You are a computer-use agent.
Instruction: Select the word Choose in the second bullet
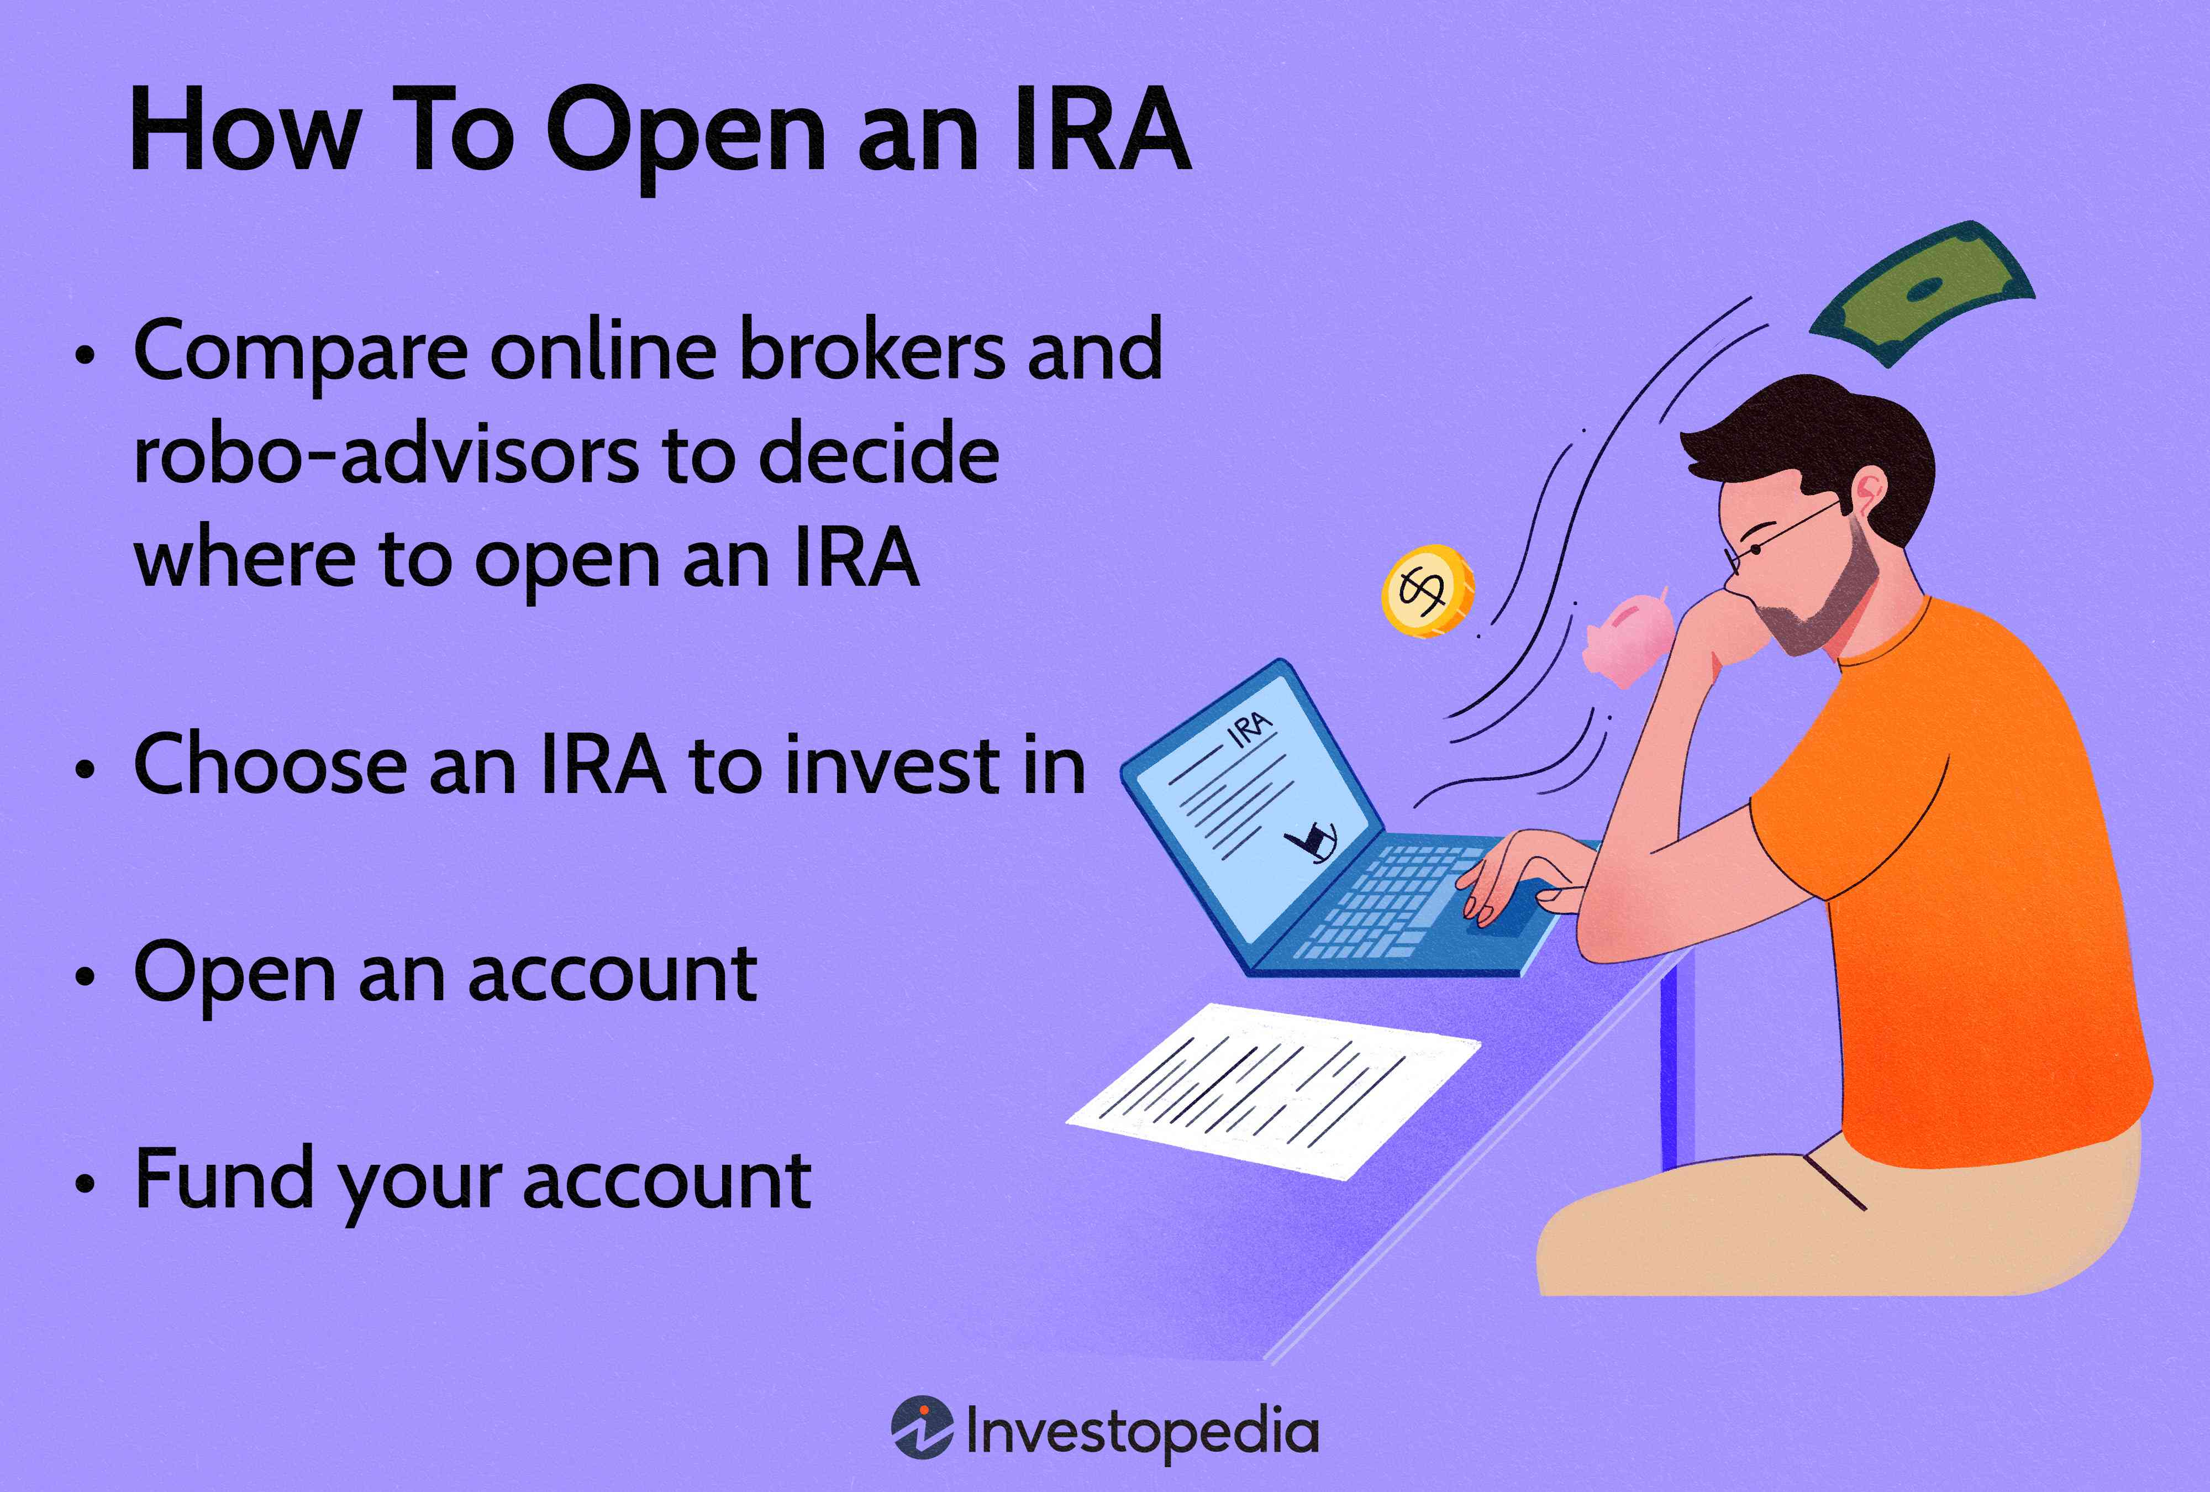[271, 765]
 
